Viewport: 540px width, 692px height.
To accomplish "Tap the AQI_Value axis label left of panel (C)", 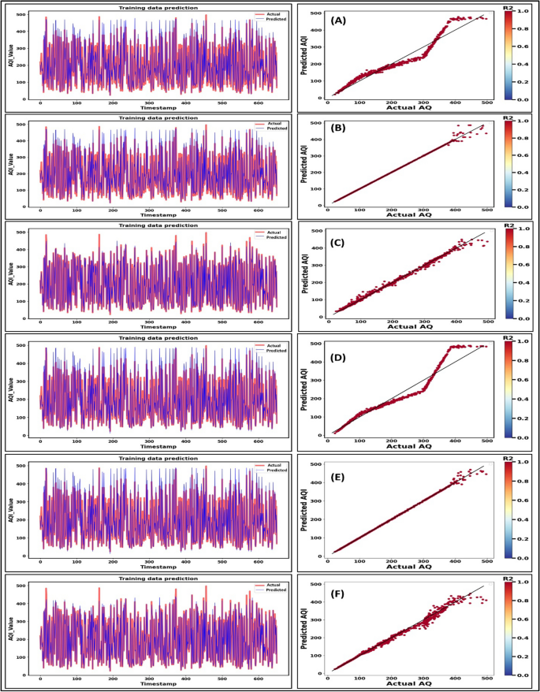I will point(9,273).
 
